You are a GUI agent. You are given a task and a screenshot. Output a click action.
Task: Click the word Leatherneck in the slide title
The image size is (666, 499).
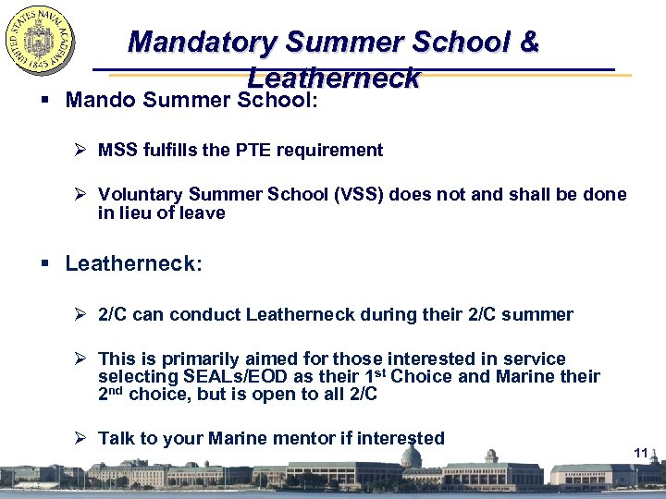(333, 79)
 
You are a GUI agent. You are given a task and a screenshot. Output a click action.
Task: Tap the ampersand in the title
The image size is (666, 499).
(529, 43)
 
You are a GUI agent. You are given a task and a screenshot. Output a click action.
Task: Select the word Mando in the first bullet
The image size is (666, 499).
(101, 99)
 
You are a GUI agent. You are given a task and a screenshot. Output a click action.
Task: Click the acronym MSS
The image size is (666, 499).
(117, 150)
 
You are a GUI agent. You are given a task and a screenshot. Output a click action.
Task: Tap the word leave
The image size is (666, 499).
(203, 213)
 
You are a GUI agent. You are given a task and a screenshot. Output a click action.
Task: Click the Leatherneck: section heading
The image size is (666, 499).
(133, 263)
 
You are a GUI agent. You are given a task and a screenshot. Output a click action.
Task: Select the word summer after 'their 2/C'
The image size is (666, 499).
(542, 315)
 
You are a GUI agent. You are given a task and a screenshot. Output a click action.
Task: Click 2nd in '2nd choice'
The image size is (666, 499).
(110, 394)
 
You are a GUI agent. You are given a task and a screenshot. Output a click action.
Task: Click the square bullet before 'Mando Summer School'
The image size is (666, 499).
(45, 100)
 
